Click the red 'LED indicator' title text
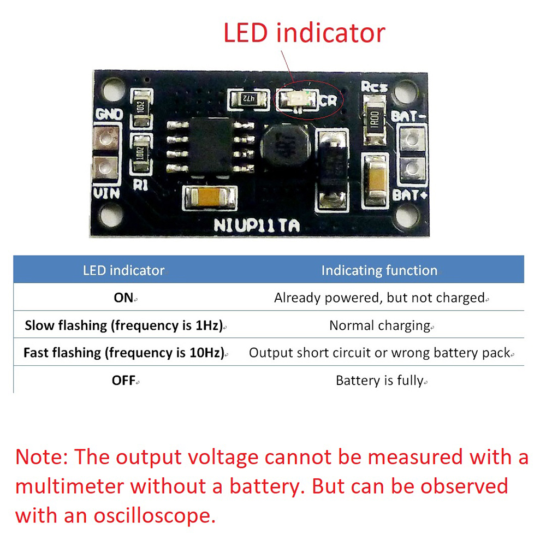[x=304, y=33]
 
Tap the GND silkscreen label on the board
[x=109, y=114]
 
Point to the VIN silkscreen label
[x=106, y=193]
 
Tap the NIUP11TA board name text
[x=257, y=225]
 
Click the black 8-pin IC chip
[x=210, y=146]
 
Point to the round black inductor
[x=286, y=145]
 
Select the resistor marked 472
[x=248, y=98]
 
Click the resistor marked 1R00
[x=375, y=120]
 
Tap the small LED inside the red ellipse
[x=298, y=99]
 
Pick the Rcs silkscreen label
[x=374, y=86]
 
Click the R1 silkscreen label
[x=140, y=185]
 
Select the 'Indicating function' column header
[x=379, y=271]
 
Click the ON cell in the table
[x=123, y=298]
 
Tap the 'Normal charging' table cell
[x=380, y=325]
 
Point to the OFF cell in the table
[x=123, y=380]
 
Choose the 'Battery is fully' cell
[x=380, y=381]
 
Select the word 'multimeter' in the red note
[x=70, y=486]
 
